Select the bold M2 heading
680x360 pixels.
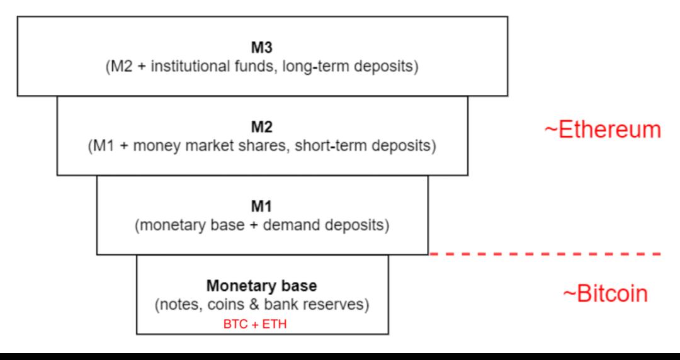click(x=262, y=128)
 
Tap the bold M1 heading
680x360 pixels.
click(x=262, y=207)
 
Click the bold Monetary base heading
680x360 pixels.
click(x=262, y=286)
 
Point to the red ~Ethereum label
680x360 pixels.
click(x=603, y=130)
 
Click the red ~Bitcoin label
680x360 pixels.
click(x=606, y=294)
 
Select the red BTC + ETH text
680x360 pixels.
click(x=255, y=324)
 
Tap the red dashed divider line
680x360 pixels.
click(x=545, y=254)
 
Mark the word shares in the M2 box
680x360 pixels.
click(x=266, y=147)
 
